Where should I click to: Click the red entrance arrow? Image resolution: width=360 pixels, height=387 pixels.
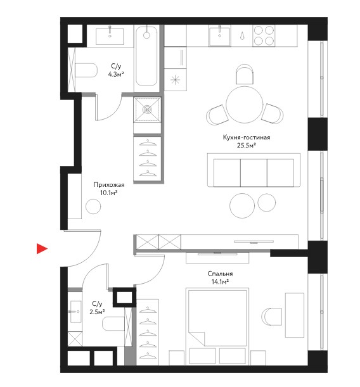click(42, 248)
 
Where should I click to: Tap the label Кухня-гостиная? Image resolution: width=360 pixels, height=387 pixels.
click(246, 137)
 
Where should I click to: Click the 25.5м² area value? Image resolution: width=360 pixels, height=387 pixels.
click(246, 146)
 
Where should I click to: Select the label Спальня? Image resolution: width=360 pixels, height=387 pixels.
click(220, 274)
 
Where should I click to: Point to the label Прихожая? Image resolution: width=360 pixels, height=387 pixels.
click(108, 184)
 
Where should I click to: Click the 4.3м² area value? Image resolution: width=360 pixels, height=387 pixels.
click(116, 74)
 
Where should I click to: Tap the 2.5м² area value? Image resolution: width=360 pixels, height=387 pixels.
click(97, 312)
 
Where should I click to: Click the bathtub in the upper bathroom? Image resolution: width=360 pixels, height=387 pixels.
click(146, 56)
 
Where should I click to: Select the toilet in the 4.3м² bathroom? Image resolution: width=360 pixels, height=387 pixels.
click(86, 70)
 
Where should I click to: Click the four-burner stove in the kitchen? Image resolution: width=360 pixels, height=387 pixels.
click(264, 36)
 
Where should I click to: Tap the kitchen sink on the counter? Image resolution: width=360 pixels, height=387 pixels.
click(219, 36)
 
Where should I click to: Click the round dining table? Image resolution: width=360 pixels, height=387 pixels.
click(245, 105)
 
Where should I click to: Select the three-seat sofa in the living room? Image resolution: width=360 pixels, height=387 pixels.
click(254, 170)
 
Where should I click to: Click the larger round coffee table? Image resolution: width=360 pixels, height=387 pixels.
click(242, 206)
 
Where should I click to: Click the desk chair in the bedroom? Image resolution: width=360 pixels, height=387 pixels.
click(272, 317)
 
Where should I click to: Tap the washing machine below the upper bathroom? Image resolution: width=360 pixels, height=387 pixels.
click(147, 110)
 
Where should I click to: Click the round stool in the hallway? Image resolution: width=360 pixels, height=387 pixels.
click(93, 206)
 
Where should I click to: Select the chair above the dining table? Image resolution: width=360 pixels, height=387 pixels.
click(245, 74)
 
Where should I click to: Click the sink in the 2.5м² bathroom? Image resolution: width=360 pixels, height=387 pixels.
click(75, 312)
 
